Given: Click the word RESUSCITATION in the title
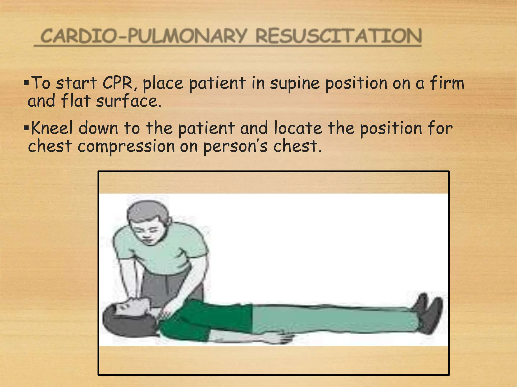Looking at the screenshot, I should (339, 36).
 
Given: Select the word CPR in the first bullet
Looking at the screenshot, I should (118, 83).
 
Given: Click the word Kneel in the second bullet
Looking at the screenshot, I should (52, 128).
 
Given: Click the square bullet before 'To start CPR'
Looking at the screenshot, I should (26, 82).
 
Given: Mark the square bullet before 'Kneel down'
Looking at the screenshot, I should (26, 127).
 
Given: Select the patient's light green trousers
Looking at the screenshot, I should (328, 319).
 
